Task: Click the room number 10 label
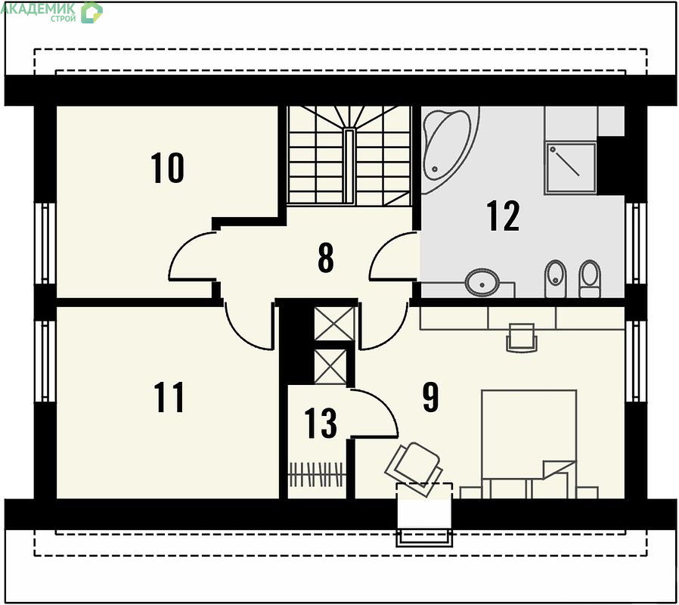coord(167,168)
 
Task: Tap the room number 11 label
coord(169,397)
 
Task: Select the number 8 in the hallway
coord(326,258)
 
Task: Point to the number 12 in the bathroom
coord(503,216)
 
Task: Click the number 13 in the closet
coord(321,423)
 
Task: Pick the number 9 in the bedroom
coord(430,397)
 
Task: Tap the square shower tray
coord(570,168)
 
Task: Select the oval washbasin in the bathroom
coord(482,283)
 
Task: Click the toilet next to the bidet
coord(589,278)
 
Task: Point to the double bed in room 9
coord(529,444)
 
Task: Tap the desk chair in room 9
coord(522,337)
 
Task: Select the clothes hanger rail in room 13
coord(317,475)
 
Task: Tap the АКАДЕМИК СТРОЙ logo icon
coord(91,12)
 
